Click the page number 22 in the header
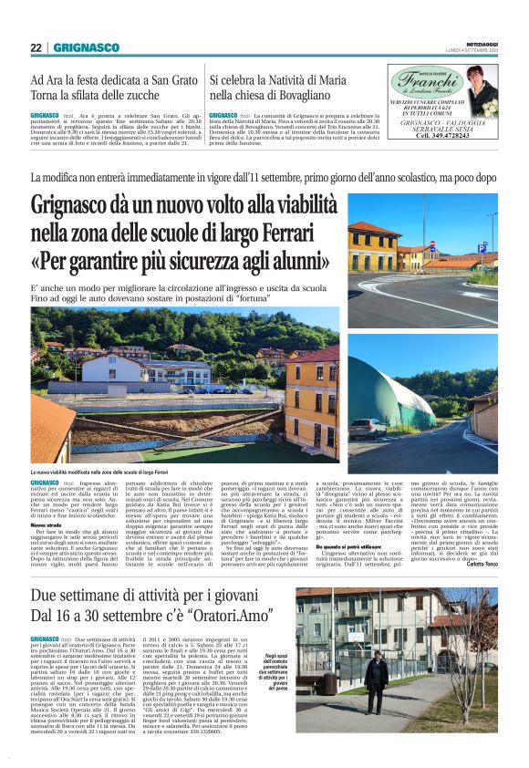click(35, 47)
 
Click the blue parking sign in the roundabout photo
click(482, 246)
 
